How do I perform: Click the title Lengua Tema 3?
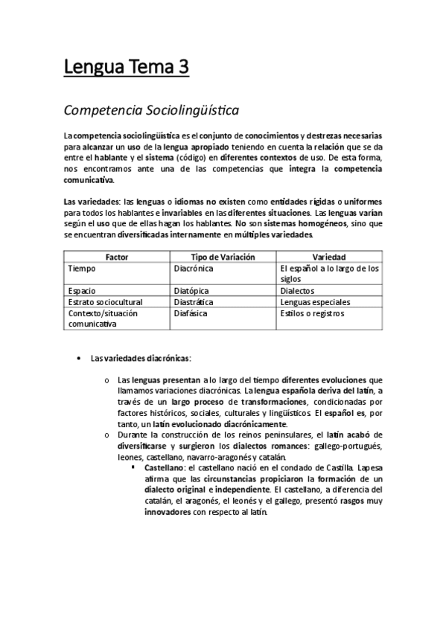[x=126, y=69]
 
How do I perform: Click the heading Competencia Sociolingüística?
[x=151, y=111]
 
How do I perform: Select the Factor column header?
[x=117, y=257]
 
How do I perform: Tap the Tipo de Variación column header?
[x=223, y=257]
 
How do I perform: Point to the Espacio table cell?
[x=82, y=291]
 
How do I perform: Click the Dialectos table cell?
[x=298, y=291]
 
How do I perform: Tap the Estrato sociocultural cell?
[x=104, y=302]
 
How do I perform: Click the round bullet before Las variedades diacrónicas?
[x=79, y=358]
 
